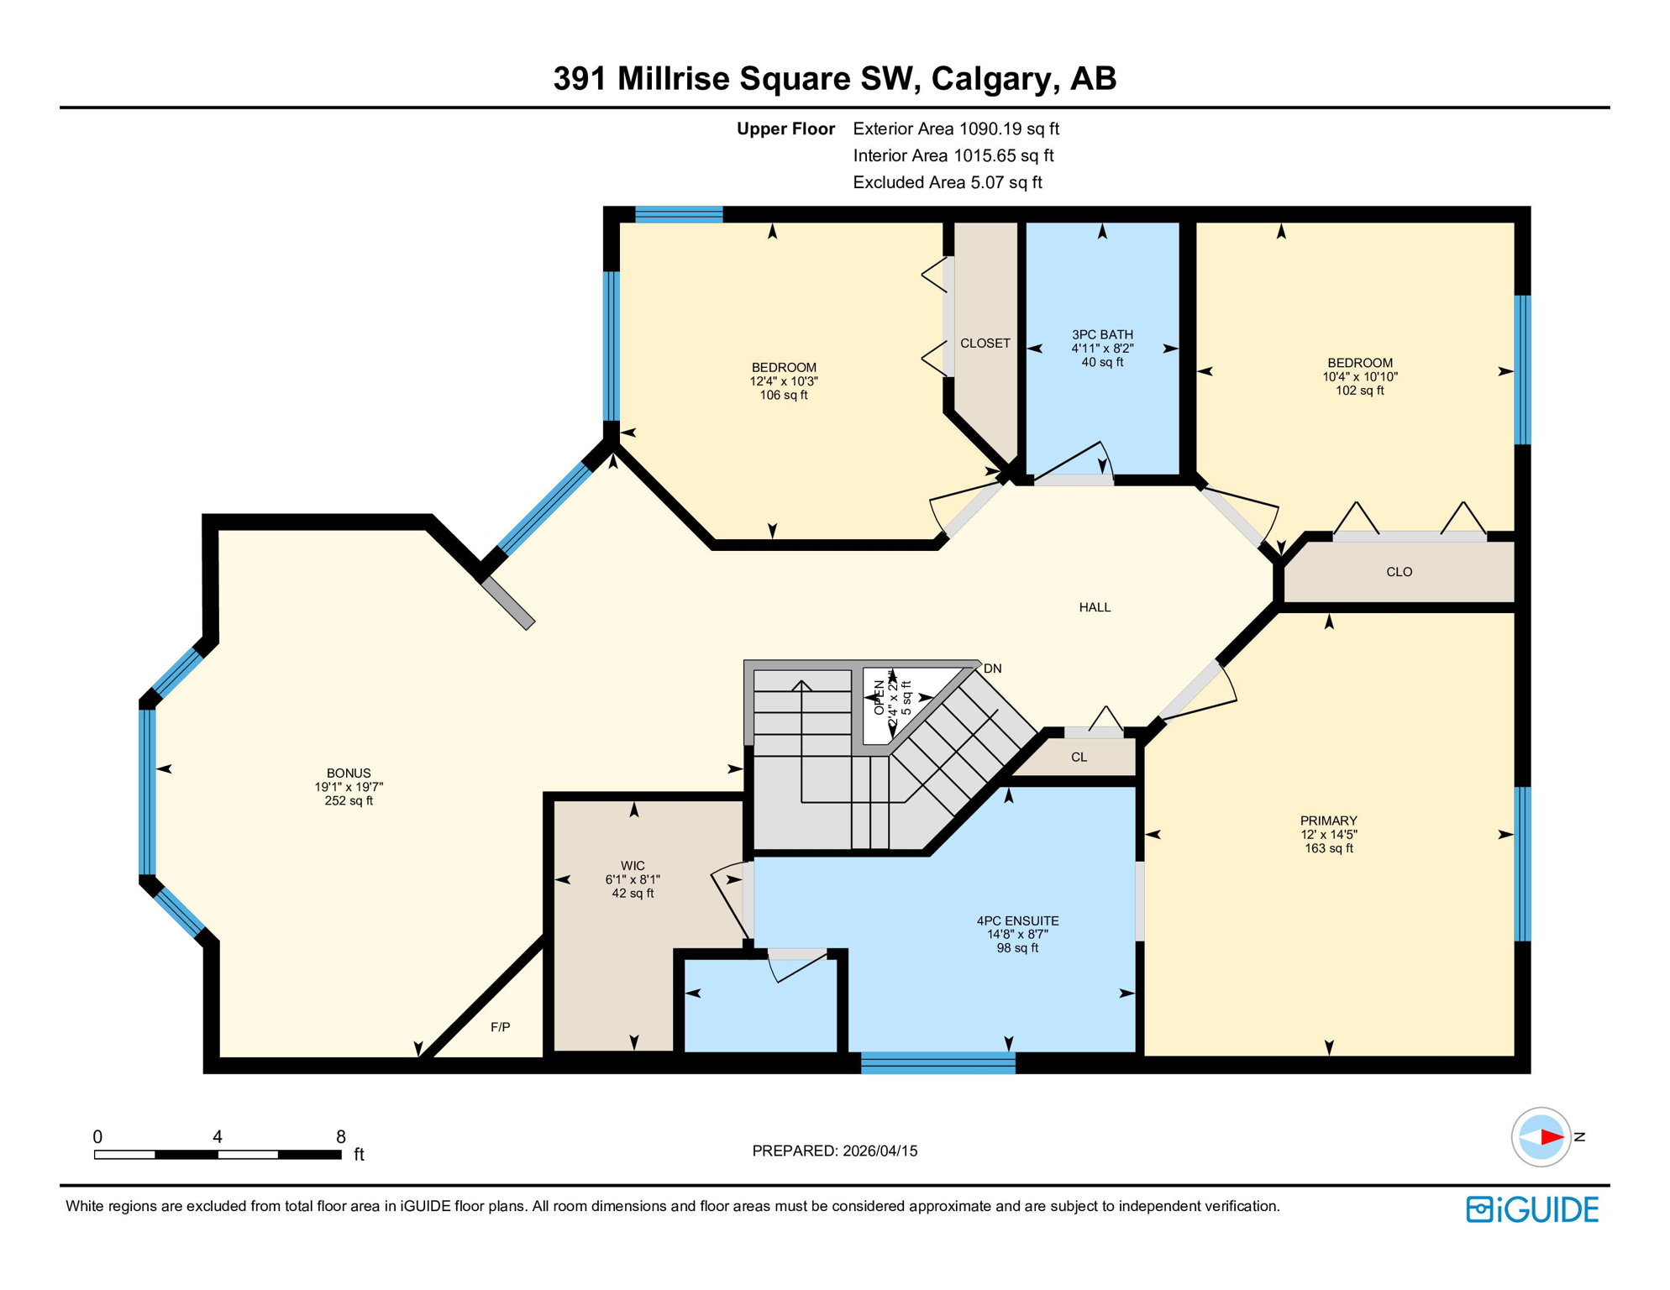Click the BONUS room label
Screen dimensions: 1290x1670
349,773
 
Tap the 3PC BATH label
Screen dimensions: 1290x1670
1102,334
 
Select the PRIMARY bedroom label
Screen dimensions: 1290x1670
1328,821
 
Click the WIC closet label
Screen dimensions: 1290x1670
633,866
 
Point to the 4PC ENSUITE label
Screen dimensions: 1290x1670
1017,920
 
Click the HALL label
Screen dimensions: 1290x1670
1095,607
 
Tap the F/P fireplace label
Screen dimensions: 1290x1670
500,1027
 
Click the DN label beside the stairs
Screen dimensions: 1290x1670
993,669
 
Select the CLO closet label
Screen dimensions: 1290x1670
1399,572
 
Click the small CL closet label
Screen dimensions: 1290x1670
1079,757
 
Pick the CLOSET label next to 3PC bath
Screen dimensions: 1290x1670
985,343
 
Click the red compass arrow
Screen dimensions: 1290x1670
1551,1137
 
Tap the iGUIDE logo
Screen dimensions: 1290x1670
1532,1209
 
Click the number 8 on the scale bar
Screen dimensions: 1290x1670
340,1136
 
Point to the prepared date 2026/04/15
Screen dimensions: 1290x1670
877,1151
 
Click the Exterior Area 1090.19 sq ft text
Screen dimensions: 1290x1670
955,128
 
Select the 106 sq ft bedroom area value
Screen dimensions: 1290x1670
783,395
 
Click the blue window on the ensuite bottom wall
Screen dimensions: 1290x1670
937,1062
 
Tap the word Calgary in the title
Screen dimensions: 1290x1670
990,78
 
